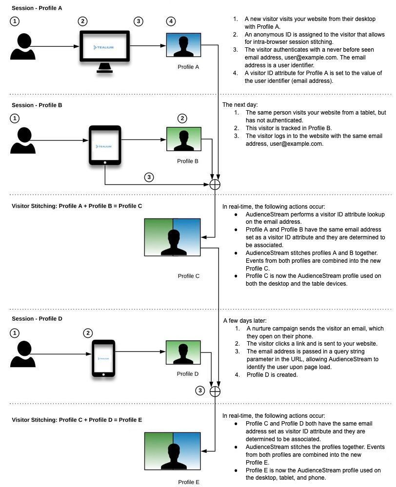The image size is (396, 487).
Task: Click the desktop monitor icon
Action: tap(104, 52)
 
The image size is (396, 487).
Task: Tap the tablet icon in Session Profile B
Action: tap(105, 145)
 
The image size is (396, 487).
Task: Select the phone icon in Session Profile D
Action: tap(103, 358)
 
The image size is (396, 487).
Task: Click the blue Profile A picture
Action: tap(183, 45)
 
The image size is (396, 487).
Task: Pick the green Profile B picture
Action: tap(184, 139)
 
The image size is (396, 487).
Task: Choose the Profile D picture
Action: tap(183, 352)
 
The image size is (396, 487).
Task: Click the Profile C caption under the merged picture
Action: tap(188, 276)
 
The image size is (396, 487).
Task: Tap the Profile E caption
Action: tap(189, 482)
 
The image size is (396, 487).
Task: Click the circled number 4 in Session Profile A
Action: tap(171, 21)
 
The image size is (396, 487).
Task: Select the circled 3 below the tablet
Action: tap(149, 177)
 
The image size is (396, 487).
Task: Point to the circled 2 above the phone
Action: tap(88, 333)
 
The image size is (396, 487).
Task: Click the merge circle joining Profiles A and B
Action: tap(215, 184)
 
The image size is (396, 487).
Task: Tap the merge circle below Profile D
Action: tap(215, 391)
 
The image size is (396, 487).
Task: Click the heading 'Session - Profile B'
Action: tap(37, 105)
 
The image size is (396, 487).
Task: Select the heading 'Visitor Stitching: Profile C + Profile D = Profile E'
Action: tap(77, 420)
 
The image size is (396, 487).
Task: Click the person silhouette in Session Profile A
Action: tap(23, 46)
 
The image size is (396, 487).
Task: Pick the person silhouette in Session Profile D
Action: tap(23, 354)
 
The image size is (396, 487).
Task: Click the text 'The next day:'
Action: tap(240, 105)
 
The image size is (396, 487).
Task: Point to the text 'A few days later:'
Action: tap(245, 321)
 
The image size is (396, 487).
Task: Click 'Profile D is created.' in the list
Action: tap(272, 374)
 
